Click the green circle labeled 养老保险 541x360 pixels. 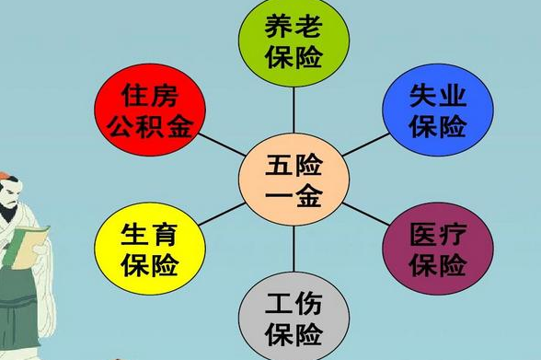point(294,41)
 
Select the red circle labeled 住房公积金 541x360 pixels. point(148,109)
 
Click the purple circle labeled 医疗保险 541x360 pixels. point(438,247)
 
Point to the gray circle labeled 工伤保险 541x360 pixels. point(294,315)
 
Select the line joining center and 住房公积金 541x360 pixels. point(221,145)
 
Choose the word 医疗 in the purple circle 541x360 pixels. point(438,231)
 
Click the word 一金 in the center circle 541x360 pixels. point(294,195)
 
